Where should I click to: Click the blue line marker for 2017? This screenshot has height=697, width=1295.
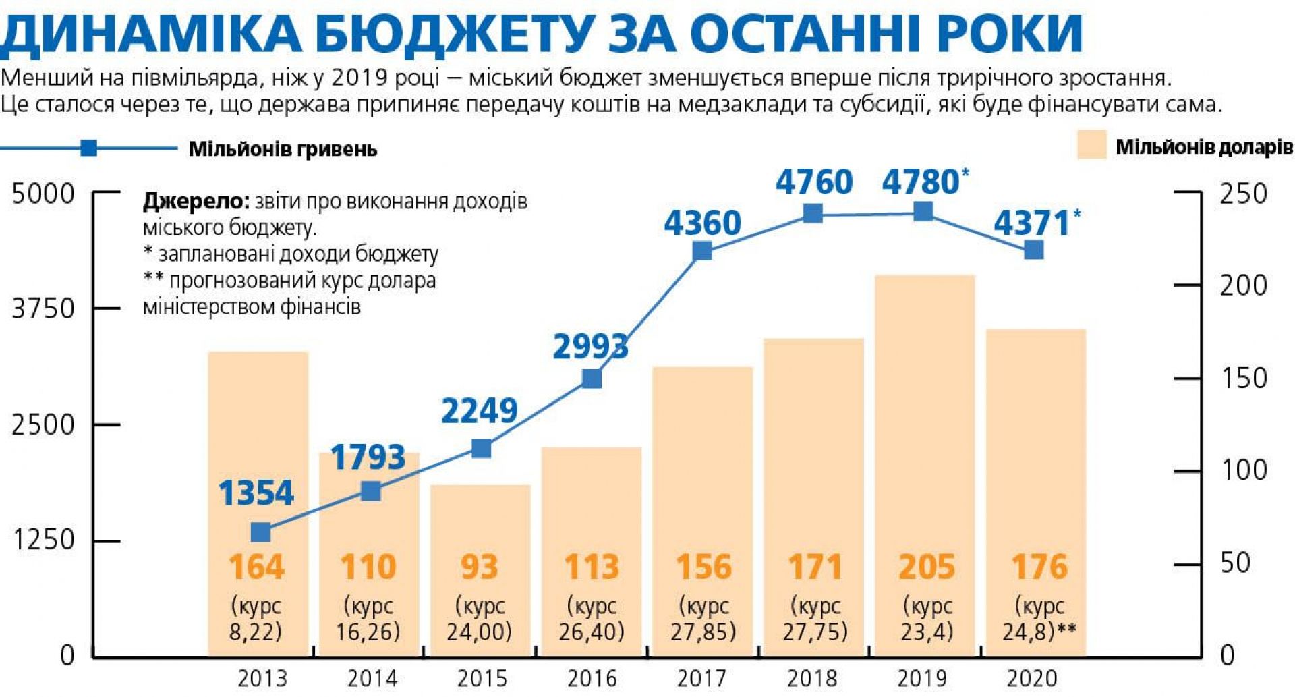[x=702, y=251]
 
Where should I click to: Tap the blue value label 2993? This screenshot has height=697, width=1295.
[x=590, y=347]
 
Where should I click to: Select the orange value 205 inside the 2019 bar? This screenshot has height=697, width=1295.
[x=926, y=567]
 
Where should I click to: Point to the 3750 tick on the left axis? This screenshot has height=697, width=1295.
[x=43, y=309]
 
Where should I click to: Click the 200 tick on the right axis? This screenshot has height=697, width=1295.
[x=1243, y=286]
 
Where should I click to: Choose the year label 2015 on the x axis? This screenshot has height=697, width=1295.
[x=482, y=678]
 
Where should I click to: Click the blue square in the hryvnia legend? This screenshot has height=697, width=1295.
[x=88, y=148]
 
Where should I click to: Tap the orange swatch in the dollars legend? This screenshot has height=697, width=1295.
[x=1091, y=146]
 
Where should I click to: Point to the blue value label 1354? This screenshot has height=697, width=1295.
[x=256, y=493]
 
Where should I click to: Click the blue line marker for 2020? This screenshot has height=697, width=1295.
[x=1033, y=250]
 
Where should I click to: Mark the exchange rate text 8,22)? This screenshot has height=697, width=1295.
[x=256, y=632]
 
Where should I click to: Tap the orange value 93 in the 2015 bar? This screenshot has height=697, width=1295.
[x=479, y=567]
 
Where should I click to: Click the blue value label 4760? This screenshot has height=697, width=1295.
[x=813, y=182]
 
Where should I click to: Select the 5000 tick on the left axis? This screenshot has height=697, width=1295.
[x=43, y=194]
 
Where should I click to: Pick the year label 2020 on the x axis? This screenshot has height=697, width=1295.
[x=1032, y=678]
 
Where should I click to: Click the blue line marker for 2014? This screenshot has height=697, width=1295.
[x=371, y=491]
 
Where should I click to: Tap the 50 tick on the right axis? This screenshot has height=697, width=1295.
[x=1235, y=563]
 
